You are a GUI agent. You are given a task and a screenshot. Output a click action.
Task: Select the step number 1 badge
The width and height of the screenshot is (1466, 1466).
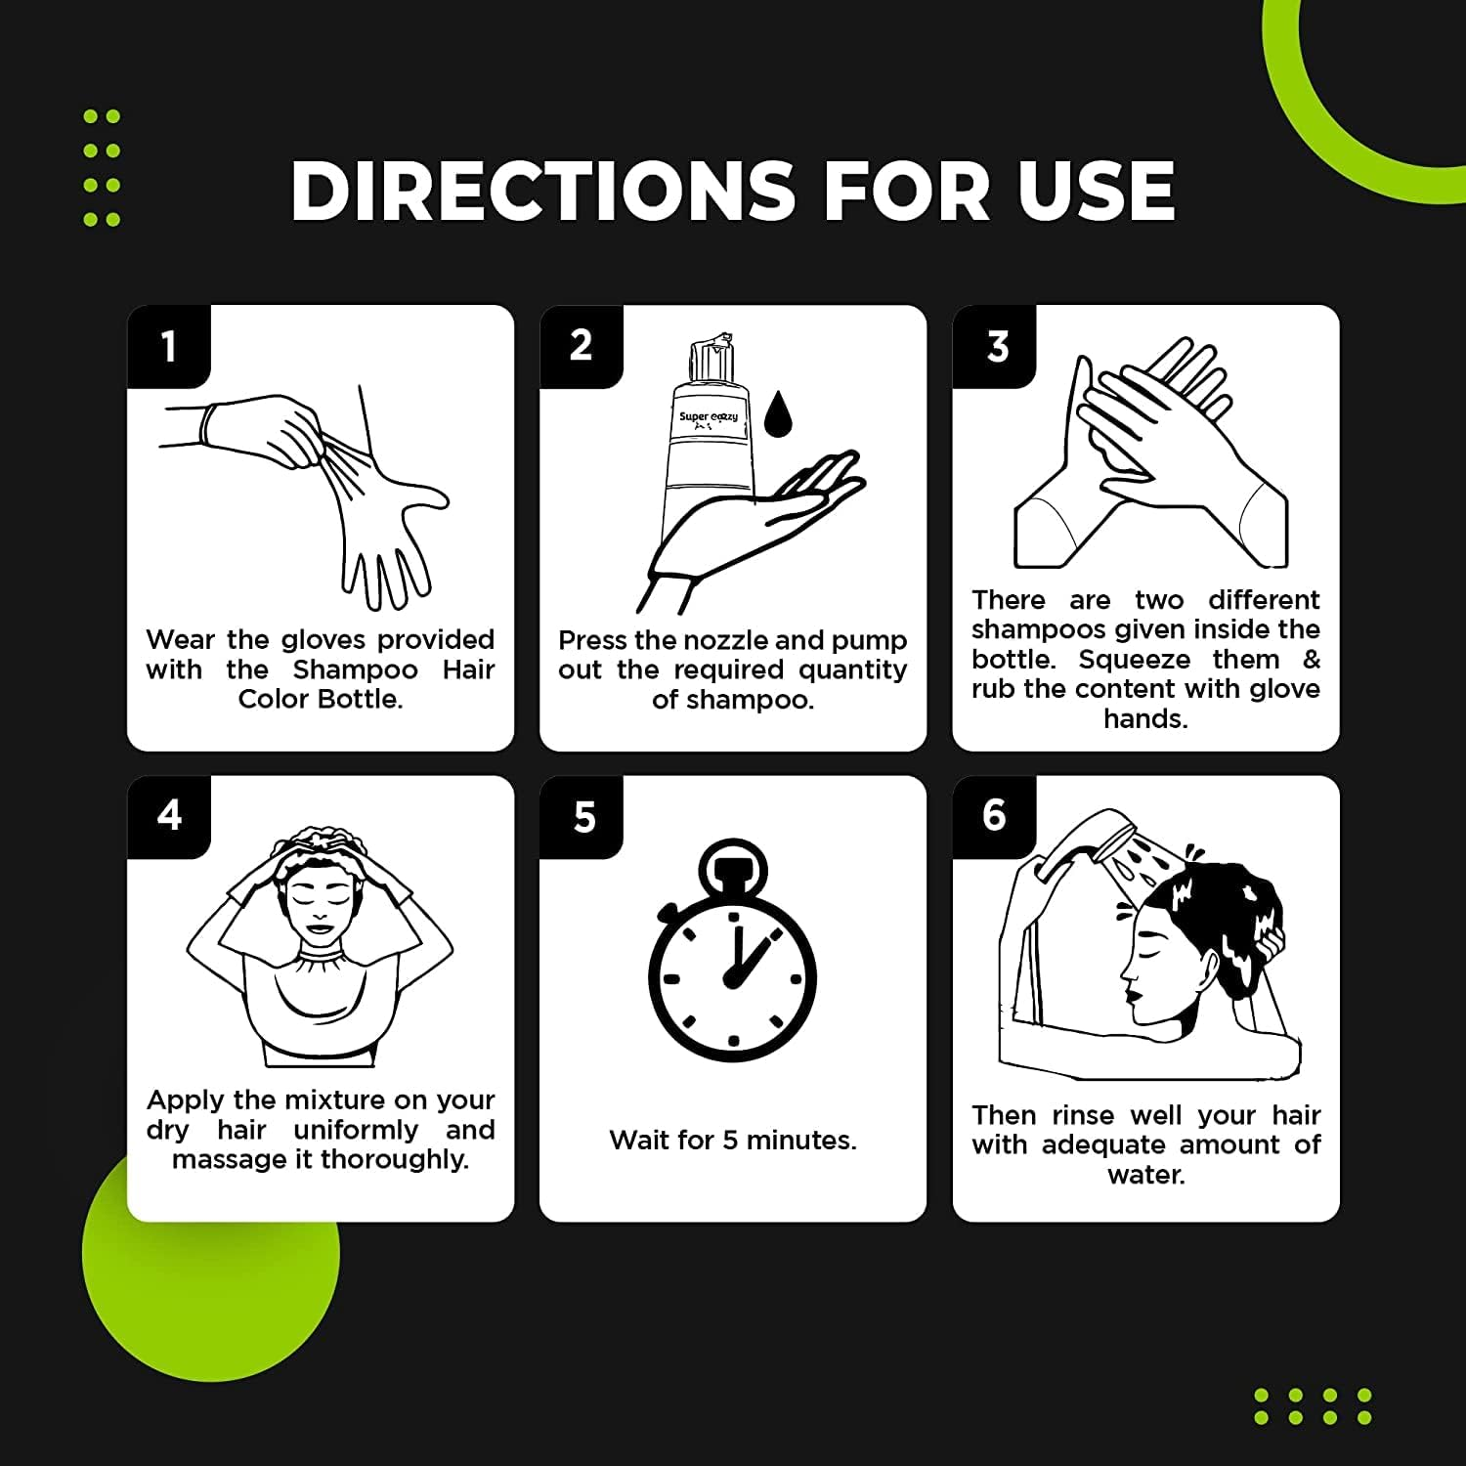[169, 346]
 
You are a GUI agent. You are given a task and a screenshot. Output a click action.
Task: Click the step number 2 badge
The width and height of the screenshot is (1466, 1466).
[582, 346]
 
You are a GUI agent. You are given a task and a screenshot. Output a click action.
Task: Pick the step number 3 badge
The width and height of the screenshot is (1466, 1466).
[995, 346]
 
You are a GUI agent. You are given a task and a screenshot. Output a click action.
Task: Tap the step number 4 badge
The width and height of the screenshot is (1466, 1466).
[169, 816]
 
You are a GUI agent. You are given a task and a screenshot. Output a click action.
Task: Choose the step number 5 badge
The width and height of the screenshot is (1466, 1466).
[582, 816]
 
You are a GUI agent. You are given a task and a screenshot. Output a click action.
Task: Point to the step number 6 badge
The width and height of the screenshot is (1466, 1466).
[995, 816]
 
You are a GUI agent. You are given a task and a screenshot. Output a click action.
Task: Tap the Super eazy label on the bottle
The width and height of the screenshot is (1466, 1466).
[709, 417]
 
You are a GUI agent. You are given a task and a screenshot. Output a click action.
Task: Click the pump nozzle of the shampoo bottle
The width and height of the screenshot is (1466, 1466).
[711, 358]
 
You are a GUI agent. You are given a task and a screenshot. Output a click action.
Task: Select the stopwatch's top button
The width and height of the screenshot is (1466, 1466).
[733, 868]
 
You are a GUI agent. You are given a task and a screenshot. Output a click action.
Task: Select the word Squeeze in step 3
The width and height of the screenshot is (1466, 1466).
[1134, 660]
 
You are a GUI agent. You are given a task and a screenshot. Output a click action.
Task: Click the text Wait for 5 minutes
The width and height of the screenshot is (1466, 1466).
[733, 1140]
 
